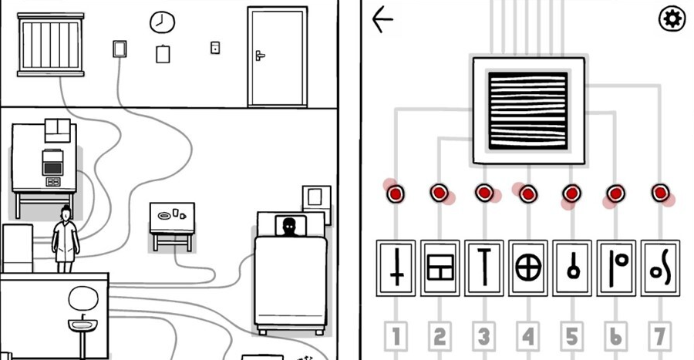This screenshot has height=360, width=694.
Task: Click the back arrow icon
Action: [x=382, y=20]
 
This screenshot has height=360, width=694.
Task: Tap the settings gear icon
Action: [x=672, y=19]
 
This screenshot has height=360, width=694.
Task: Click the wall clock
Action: [x=162, y=22]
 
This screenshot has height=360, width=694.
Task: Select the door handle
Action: [x=260, y=56]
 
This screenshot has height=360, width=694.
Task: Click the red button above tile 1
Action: [x=396, y=193]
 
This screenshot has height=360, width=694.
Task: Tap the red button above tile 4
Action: [x=528, y=193]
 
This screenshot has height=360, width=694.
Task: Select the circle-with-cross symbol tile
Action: [x=528, y=267]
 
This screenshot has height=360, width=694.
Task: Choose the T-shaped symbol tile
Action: [x=484, y=267]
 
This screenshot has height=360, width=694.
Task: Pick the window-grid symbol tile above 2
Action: [x=440, y=267]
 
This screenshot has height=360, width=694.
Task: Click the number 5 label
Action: [x=571, y=336]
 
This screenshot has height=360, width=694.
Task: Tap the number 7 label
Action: [x=660, y=336]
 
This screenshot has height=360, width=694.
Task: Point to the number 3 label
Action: [x=483, y=336]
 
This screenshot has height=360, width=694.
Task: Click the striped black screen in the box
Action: [x=528, y=110]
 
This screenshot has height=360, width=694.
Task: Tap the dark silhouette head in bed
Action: [x=289, y=227]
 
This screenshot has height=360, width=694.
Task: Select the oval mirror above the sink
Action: [x=83, y=298]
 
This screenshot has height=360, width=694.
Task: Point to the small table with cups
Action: [x=172, y=220]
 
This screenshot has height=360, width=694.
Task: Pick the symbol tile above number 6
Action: [x=616, y=267]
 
